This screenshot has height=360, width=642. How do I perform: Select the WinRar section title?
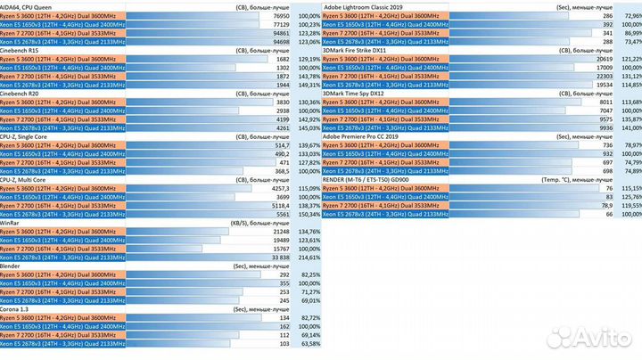(x=12, y=223)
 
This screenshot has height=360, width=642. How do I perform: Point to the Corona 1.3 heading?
(x=21, y=308)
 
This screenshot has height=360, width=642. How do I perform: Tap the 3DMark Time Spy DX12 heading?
(x=360, y=94)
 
